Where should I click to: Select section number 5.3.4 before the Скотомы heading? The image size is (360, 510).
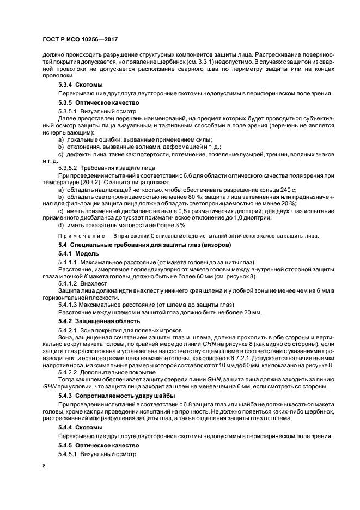point(67,85)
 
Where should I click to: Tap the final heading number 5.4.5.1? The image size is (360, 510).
point(70,453)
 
